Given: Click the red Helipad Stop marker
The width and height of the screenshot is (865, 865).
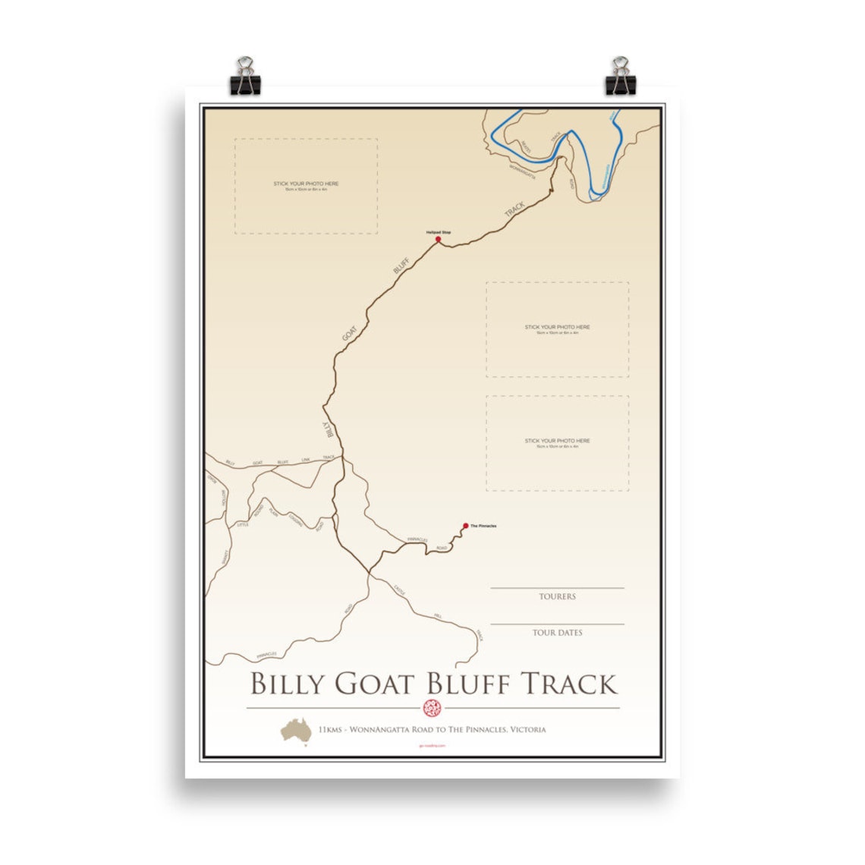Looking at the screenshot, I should pos(438,239).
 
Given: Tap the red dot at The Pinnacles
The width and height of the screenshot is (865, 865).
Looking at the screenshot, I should pos(466,525).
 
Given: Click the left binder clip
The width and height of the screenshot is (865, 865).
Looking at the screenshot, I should pos(245,76).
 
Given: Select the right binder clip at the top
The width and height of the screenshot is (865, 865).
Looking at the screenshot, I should pos(620,76).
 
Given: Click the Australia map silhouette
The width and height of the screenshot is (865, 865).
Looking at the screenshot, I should pos(296,729).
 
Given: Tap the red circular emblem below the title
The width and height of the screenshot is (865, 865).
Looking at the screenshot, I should pos(432,709).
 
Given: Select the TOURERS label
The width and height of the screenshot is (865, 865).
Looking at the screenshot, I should pos(557,596).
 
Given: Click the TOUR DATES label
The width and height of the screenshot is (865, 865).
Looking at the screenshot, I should pos(557,632).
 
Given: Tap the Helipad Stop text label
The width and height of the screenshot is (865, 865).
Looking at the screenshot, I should pos(439,232).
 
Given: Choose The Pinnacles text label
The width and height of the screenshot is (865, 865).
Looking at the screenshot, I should pos(483,526).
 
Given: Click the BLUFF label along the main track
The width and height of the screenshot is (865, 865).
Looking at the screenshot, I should pos(401,265).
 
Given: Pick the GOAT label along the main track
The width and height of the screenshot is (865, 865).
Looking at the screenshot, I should pos(349,334).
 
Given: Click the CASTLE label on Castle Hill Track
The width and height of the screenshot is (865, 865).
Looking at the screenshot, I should pos(400,590).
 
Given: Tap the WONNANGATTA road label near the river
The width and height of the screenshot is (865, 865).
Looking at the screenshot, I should pos(522,171).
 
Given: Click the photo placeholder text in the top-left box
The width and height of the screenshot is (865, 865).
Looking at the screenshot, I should pos(306,184).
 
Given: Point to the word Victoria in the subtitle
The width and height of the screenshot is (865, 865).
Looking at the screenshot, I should pos(527,729).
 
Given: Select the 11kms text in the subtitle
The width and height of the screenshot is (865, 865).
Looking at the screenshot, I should pos(330,729).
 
